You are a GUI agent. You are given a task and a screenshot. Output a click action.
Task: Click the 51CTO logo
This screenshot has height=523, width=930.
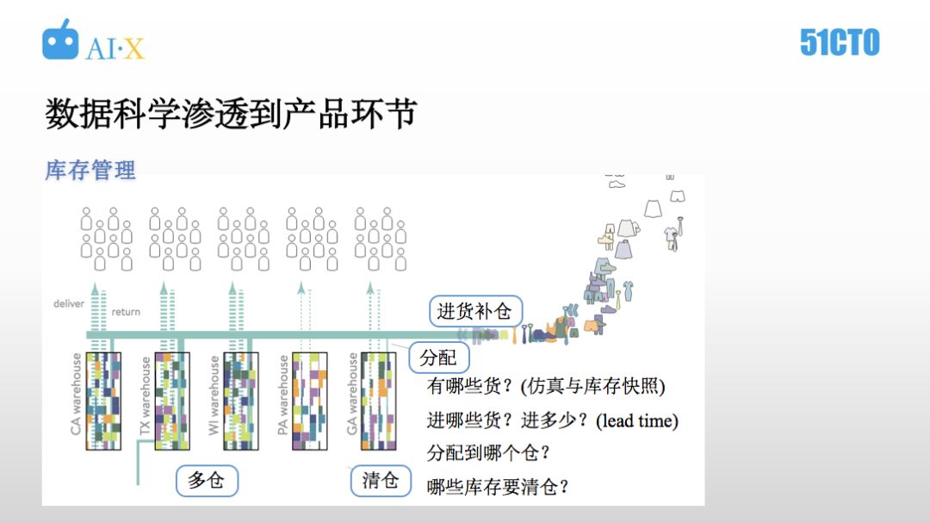(839, 42)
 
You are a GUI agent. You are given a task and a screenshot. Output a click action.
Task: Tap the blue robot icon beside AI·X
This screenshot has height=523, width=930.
(60, 40)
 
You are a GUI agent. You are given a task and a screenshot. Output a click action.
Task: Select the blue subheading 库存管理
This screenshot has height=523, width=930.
(90, 170)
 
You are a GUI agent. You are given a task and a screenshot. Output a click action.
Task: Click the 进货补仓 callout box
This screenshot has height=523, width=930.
(474, 312)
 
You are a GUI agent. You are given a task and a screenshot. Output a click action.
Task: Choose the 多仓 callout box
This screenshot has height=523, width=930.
(206, 480)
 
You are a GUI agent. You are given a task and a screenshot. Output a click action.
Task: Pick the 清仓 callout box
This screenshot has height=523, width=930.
(381, 480)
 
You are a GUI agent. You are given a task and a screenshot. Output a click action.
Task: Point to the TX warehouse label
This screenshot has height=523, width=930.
(146, 396)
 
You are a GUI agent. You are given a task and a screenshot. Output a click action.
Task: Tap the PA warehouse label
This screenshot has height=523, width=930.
(283, 395)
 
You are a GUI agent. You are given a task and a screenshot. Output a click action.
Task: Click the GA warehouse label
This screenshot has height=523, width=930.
(352, 395)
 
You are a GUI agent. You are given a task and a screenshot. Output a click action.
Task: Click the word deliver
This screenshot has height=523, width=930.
(69, 303)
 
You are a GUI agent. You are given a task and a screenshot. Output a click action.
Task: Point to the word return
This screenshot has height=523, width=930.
(126, 312)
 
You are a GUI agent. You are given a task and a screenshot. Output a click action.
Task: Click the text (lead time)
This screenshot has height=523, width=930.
(638, 421)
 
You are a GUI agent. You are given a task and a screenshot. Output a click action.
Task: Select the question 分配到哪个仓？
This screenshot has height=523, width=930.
(488, 453)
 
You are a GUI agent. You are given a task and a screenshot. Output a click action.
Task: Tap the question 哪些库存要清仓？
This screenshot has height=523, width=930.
(499, 487)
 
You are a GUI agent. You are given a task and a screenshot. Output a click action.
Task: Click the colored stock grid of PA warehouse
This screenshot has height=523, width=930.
(310, 402)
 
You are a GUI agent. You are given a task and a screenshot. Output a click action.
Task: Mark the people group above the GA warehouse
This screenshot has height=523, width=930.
(380, 238)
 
